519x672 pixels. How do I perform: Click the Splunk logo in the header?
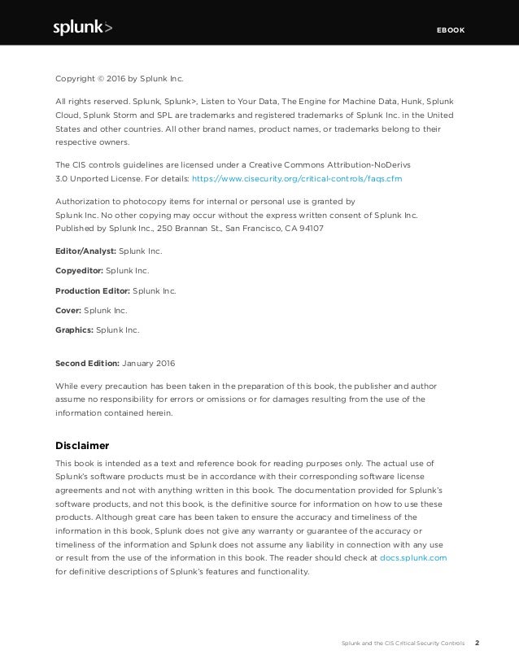coord(82,28)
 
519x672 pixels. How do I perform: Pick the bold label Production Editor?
coord(90,290)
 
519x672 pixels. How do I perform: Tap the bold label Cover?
coord(68,310)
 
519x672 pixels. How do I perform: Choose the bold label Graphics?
coord(74,330)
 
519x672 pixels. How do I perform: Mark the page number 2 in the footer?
coord(478,643)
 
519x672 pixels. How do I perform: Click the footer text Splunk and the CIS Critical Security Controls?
coord(401,644)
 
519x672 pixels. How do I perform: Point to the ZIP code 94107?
coord(311,229)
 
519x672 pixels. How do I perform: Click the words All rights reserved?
coord(86,101)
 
